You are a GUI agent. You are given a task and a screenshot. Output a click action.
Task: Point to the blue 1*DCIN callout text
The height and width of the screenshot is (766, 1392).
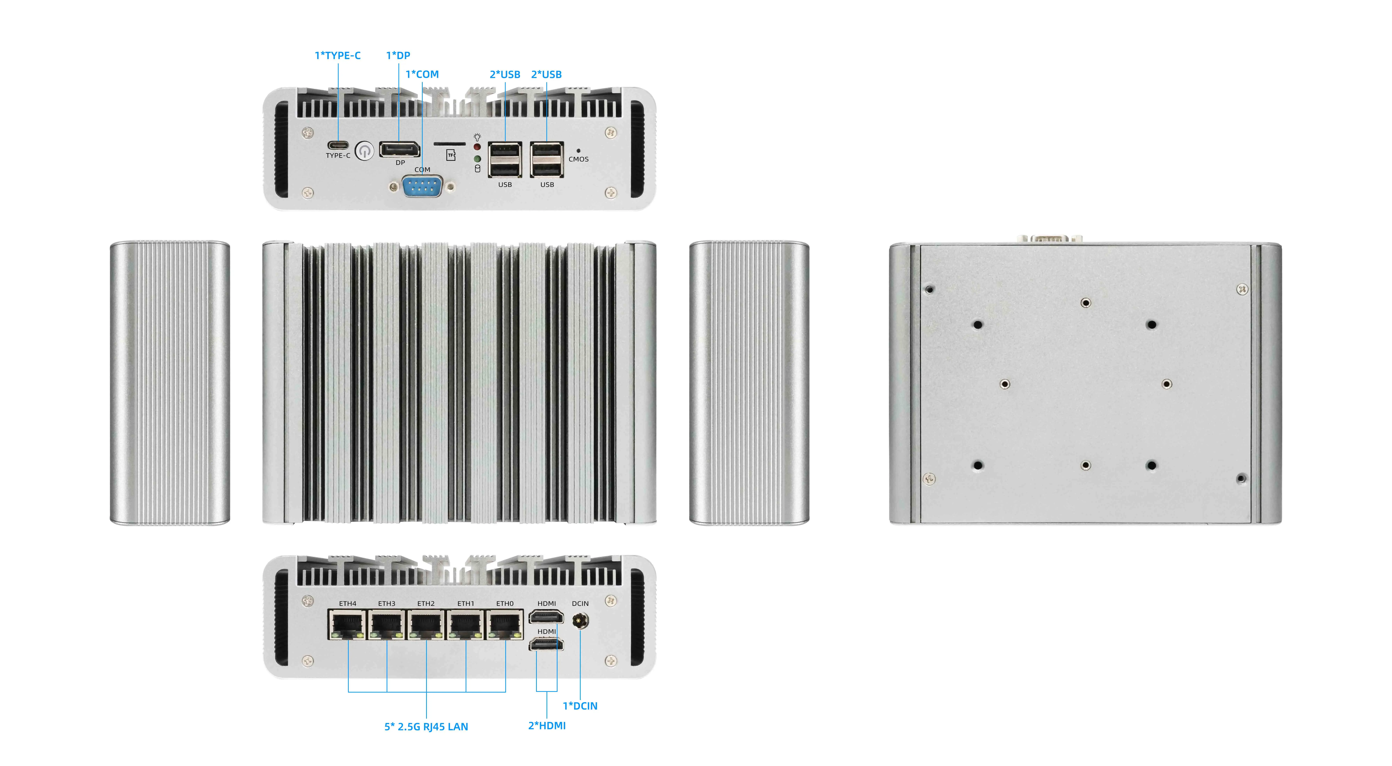(x=580, y=706)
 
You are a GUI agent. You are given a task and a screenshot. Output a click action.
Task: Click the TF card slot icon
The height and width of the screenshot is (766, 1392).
(x=451, y=155)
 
